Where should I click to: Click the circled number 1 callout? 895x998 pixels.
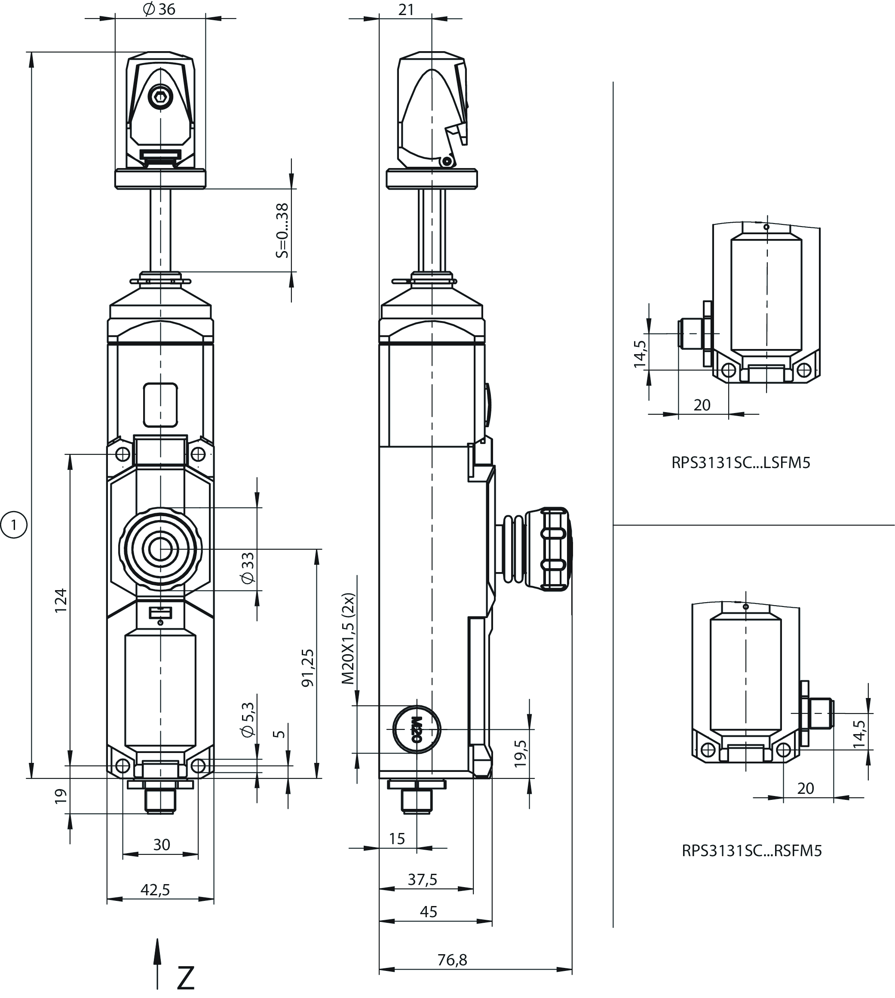click(x=14, y=525)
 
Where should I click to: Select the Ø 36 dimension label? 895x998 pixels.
click(x=159, y=9)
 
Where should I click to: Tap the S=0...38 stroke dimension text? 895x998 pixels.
click(x=282, y=230)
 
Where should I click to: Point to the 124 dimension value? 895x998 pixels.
click(x=61, y=600)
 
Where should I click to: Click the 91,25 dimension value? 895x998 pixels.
click(x=307, y=667)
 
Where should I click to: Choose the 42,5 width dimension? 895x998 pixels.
click(x=155, y=889)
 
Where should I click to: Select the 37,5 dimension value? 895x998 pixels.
click(x=423, y=879)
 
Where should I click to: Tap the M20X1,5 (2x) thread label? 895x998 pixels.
click(x=348, y=639)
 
